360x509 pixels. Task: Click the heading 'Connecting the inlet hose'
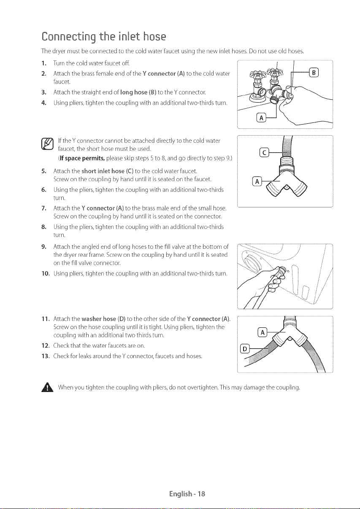104,37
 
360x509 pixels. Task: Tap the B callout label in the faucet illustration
314,73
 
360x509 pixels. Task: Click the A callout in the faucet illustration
261,118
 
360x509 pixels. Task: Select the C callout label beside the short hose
264,153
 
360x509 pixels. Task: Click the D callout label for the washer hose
244,349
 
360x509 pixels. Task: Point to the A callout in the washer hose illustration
263,333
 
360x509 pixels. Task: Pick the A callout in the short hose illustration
257,182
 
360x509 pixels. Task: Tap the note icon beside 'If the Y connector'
47,144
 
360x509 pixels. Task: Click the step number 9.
44,247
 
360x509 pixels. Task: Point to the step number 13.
46,356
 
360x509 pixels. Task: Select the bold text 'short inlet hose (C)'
107,171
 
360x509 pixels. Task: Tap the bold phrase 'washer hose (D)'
103,319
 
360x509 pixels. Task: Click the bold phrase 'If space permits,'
82,158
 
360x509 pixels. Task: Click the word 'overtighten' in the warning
202,387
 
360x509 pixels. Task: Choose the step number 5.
44,171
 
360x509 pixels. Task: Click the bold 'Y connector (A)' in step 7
103,208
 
